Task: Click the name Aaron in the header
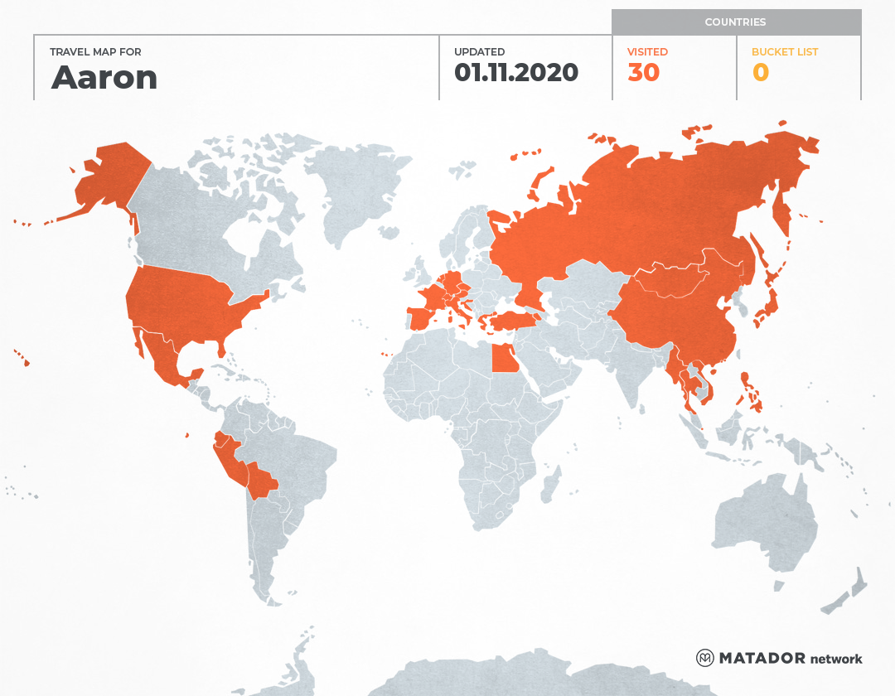[104, 77]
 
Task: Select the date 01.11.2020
[515, 73]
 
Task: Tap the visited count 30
[643, 73]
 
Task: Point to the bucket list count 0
[760, 73]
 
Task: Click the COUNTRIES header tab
[735, 22]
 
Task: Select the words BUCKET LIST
[784, 51]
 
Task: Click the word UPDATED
[479, 51]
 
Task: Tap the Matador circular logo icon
[704, 658]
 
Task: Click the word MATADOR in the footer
[762, 658]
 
